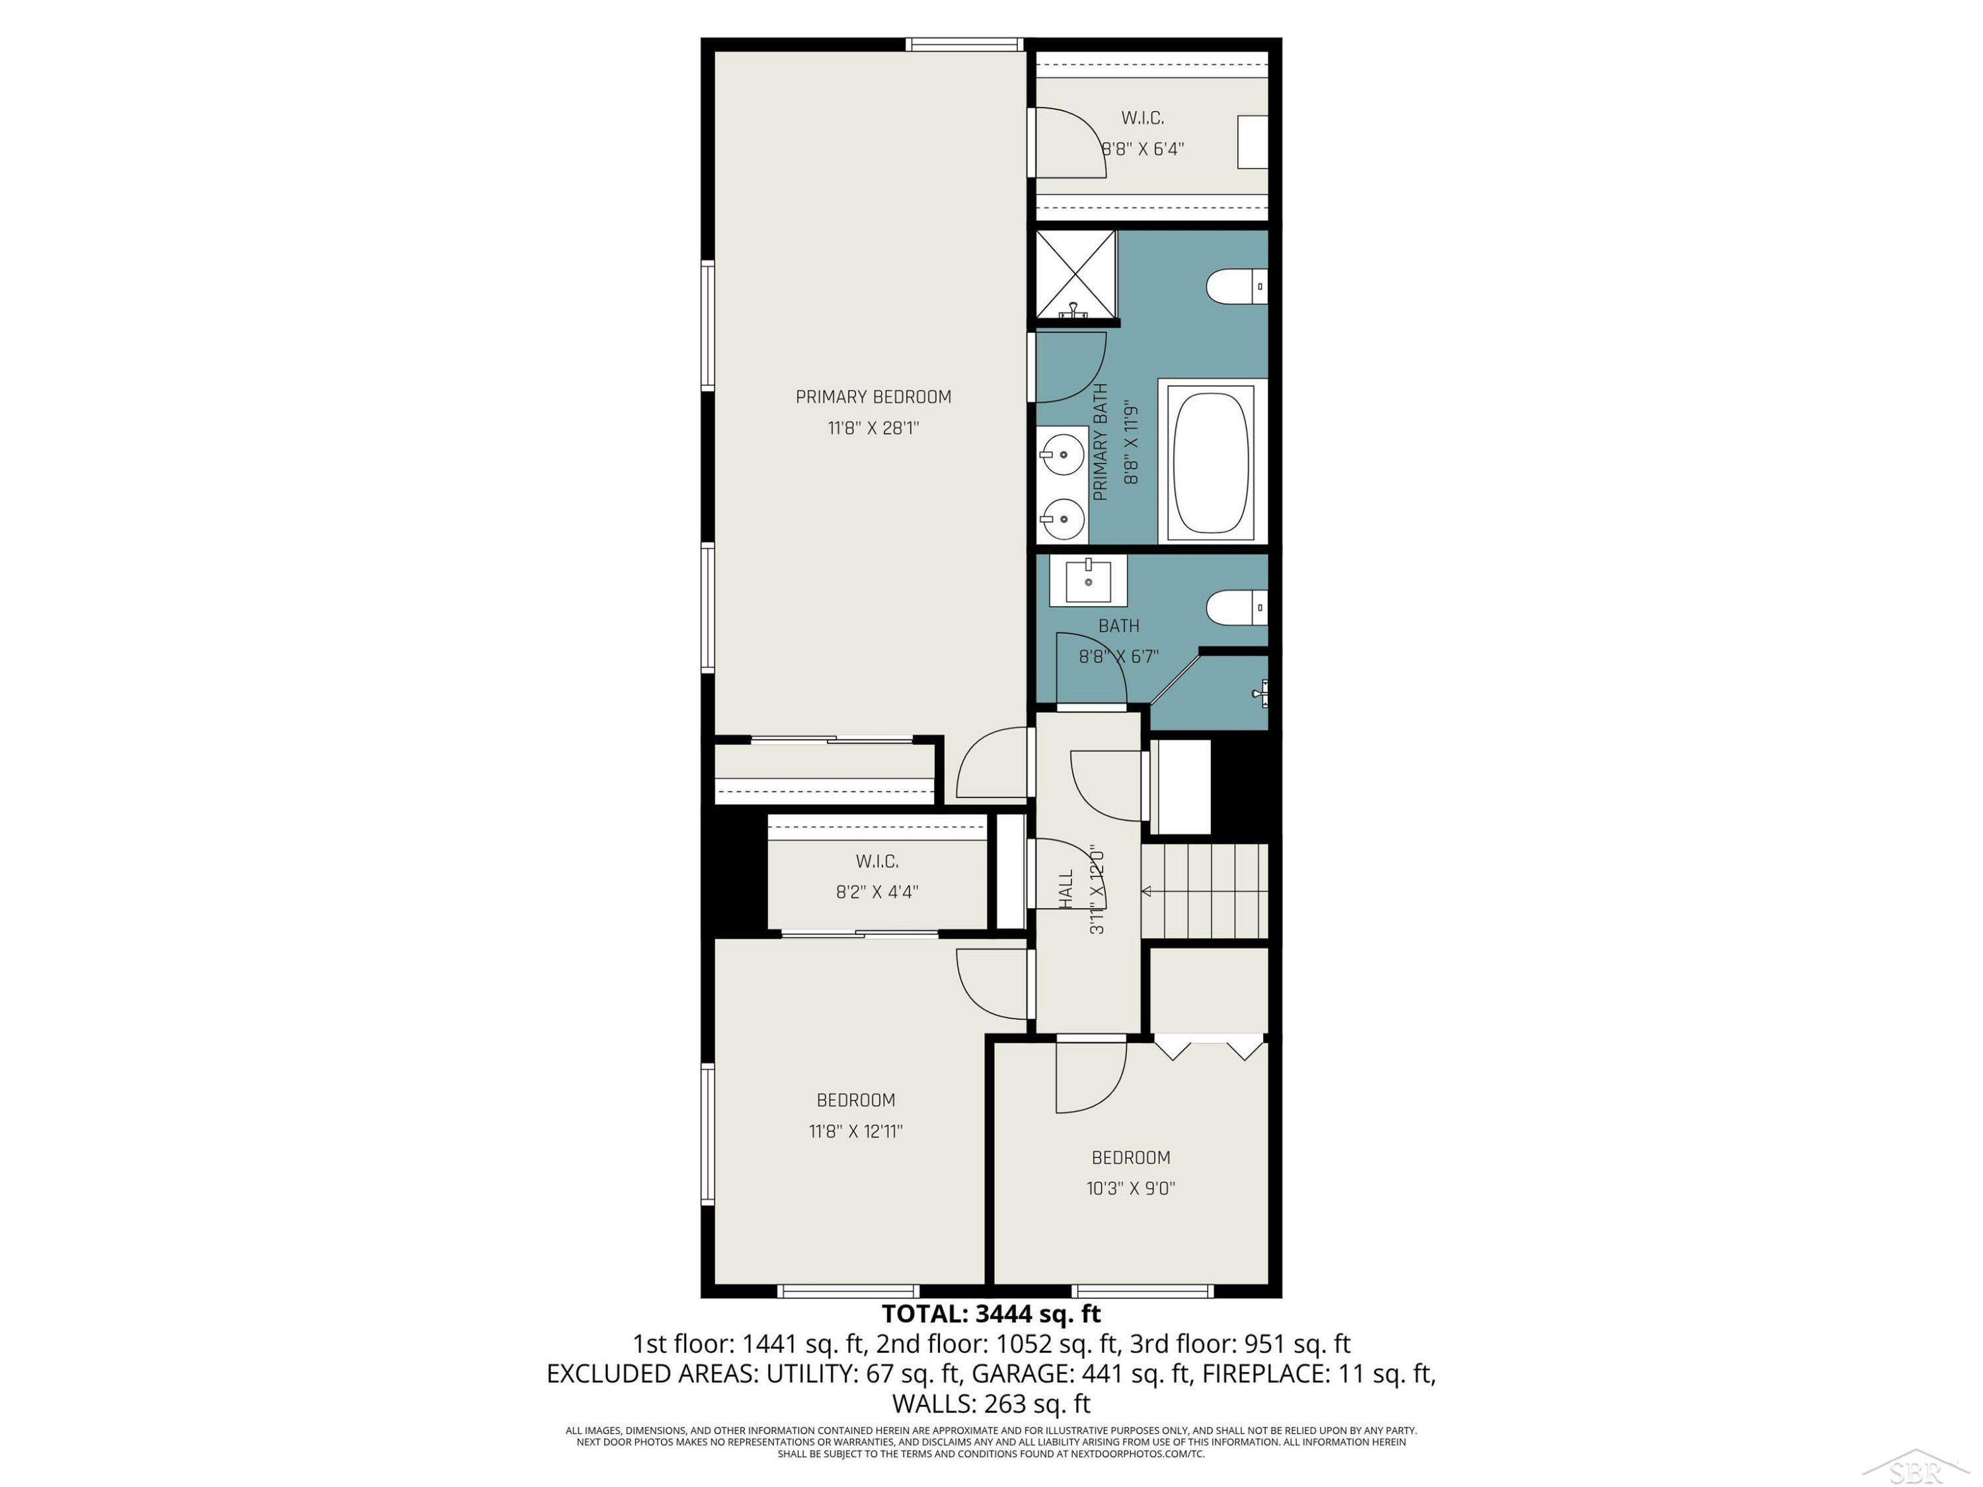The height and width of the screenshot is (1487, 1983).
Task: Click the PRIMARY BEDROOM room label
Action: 873,397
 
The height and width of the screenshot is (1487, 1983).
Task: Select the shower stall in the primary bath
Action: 1075,274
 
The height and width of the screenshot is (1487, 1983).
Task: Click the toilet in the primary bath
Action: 1236,287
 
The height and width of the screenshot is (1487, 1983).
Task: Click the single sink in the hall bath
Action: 1088,581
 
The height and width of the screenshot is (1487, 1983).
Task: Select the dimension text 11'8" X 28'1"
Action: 873,428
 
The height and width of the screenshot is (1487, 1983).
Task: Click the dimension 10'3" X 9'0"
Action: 1130,1188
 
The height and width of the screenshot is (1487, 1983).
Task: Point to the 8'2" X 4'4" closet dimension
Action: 876,892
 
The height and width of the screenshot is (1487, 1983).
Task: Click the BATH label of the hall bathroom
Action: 1119,626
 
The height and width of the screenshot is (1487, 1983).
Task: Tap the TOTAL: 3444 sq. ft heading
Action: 991,1314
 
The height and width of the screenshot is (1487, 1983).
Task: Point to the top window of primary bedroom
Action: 964,44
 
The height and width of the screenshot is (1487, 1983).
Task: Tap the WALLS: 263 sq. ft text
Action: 991,1403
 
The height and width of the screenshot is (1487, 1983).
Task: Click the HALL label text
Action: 1066,890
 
